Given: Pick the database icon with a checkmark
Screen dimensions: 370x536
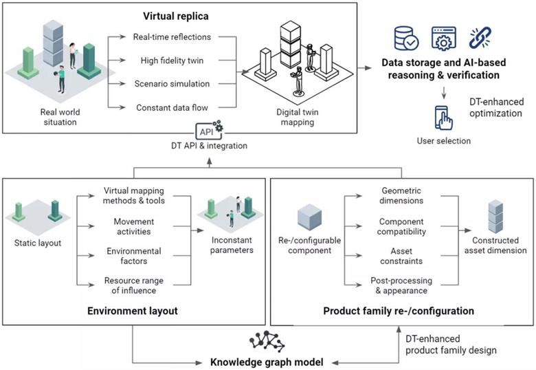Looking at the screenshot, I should [405, 39].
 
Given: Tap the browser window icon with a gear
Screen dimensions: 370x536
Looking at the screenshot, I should [442, 39].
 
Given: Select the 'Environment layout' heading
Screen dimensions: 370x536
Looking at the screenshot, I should [132, 311].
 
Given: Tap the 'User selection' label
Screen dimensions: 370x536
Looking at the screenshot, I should [444, 141].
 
